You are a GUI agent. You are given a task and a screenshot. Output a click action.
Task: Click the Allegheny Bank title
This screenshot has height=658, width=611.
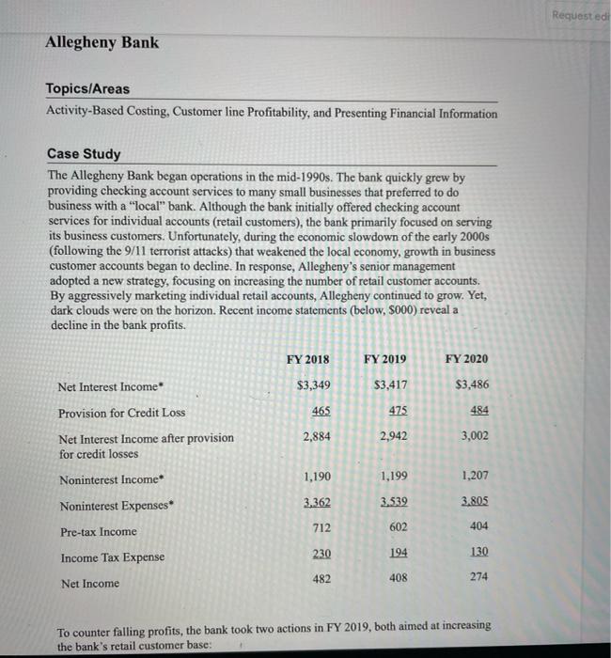(102, 42)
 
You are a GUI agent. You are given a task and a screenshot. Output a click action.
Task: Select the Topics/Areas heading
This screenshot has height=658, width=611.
(88, 89)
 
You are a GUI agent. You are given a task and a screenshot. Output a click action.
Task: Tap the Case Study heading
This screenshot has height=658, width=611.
(83, 154)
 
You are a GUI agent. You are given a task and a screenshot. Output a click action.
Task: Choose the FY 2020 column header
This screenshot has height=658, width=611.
(466, 359)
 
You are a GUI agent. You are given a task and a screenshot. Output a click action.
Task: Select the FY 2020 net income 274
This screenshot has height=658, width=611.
(478, 576)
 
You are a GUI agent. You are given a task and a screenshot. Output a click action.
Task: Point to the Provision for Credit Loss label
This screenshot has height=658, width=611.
(121, 413)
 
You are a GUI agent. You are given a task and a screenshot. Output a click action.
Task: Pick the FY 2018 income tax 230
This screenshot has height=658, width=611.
(321, 554)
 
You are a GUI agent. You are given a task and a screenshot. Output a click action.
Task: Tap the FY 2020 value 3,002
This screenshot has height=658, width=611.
(473, 435)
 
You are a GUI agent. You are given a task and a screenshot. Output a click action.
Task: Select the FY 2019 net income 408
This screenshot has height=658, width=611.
(399, 576)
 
